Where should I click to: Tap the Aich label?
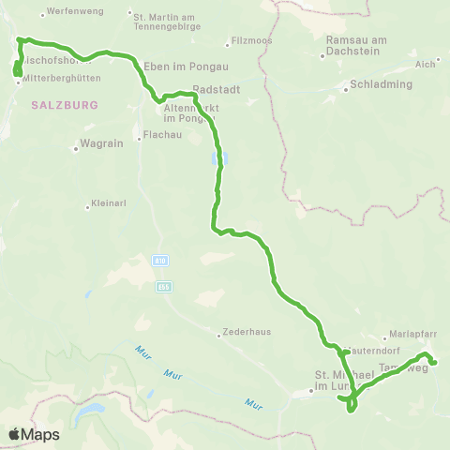pos(426,64)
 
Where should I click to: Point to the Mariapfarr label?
pos(416,336)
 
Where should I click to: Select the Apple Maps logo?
pos(35,434)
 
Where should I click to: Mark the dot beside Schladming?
pos(344,83)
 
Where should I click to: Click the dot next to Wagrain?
pos(76,147)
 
